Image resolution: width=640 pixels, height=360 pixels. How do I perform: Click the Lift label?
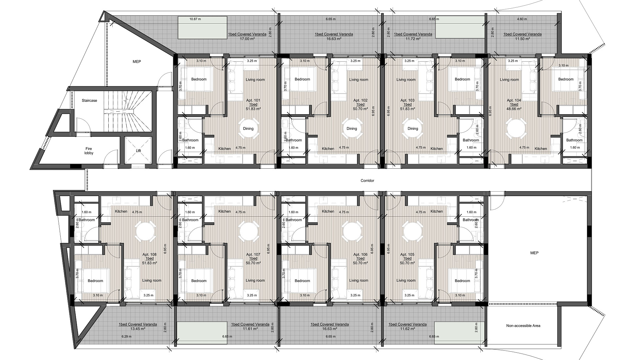pos(138,151)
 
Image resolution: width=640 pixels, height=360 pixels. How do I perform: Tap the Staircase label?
pos(89,100)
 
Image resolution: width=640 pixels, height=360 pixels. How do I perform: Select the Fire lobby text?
pos(89,151)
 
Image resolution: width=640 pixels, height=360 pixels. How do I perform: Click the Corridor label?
pos(367,181)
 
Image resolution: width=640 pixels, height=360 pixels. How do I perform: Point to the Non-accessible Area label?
pos(523,326)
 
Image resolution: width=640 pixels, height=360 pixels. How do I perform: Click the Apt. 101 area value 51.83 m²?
pos(253,109)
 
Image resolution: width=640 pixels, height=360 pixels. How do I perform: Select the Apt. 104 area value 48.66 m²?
pos(514,109)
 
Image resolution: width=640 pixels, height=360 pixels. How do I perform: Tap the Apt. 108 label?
pos(150,254)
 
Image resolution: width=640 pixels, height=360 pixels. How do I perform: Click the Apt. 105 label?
pos(407,254)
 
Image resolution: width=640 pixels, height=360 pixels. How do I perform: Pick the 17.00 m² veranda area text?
pos(247,39)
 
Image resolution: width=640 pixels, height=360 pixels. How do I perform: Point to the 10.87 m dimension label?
pos(195,19)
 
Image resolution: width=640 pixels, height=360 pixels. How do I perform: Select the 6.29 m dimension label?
pos(126,336)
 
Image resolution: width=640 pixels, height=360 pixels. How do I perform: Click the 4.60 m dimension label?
pos(522,19)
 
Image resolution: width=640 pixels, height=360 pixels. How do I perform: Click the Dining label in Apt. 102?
pos(352,129)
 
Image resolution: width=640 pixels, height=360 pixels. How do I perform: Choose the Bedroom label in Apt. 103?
pos(462,79)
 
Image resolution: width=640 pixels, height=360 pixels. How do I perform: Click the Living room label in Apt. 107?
pos(255,281)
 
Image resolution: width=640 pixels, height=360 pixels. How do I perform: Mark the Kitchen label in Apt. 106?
pos(328,211)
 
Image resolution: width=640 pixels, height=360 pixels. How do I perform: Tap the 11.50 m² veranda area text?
pos(523,39)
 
